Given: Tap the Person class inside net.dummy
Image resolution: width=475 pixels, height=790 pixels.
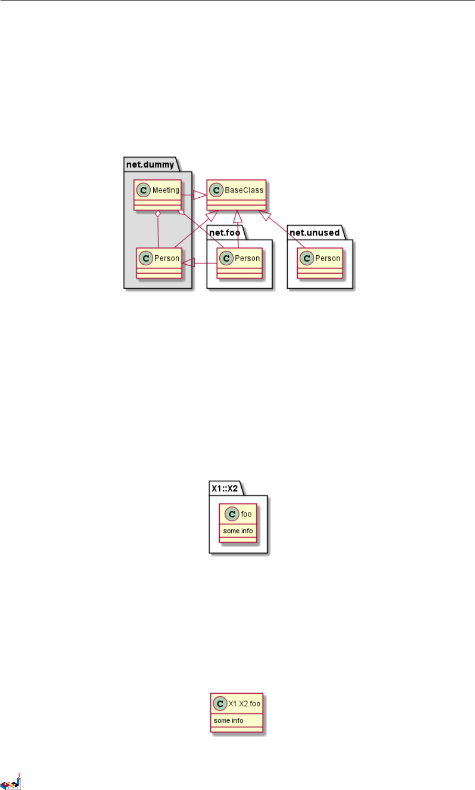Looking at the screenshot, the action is tap(160, 263).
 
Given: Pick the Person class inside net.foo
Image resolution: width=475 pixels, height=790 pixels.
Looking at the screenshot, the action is tap(240, 263).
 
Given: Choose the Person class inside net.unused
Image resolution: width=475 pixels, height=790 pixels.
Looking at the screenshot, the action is tap(320, 263).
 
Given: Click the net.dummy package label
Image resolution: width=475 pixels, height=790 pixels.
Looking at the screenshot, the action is tap(150, 164).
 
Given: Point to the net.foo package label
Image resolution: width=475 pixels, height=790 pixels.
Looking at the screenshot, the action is tap(224, 233).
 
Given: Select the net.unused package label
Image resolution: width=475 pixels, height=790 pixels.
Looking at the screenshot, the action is tap(314, 233).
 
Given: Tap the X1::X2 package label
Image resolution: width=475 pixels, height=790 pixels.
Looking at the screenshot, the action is tap(224, 488).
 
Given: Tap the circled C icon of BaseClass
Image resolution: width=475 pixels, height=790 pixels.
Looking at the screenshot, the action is tap(216, 190).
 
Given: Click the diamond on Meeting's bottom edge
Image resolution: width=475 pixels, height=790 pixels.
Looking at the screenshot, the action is tap(157, 214).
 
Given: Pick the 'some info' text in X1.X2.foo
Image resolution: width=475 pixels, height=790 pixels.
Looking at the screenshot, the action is tap(229, 720).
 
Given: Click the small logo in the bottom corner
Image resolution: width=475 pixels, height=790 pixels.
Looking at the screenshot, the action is tap(10, 782).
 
